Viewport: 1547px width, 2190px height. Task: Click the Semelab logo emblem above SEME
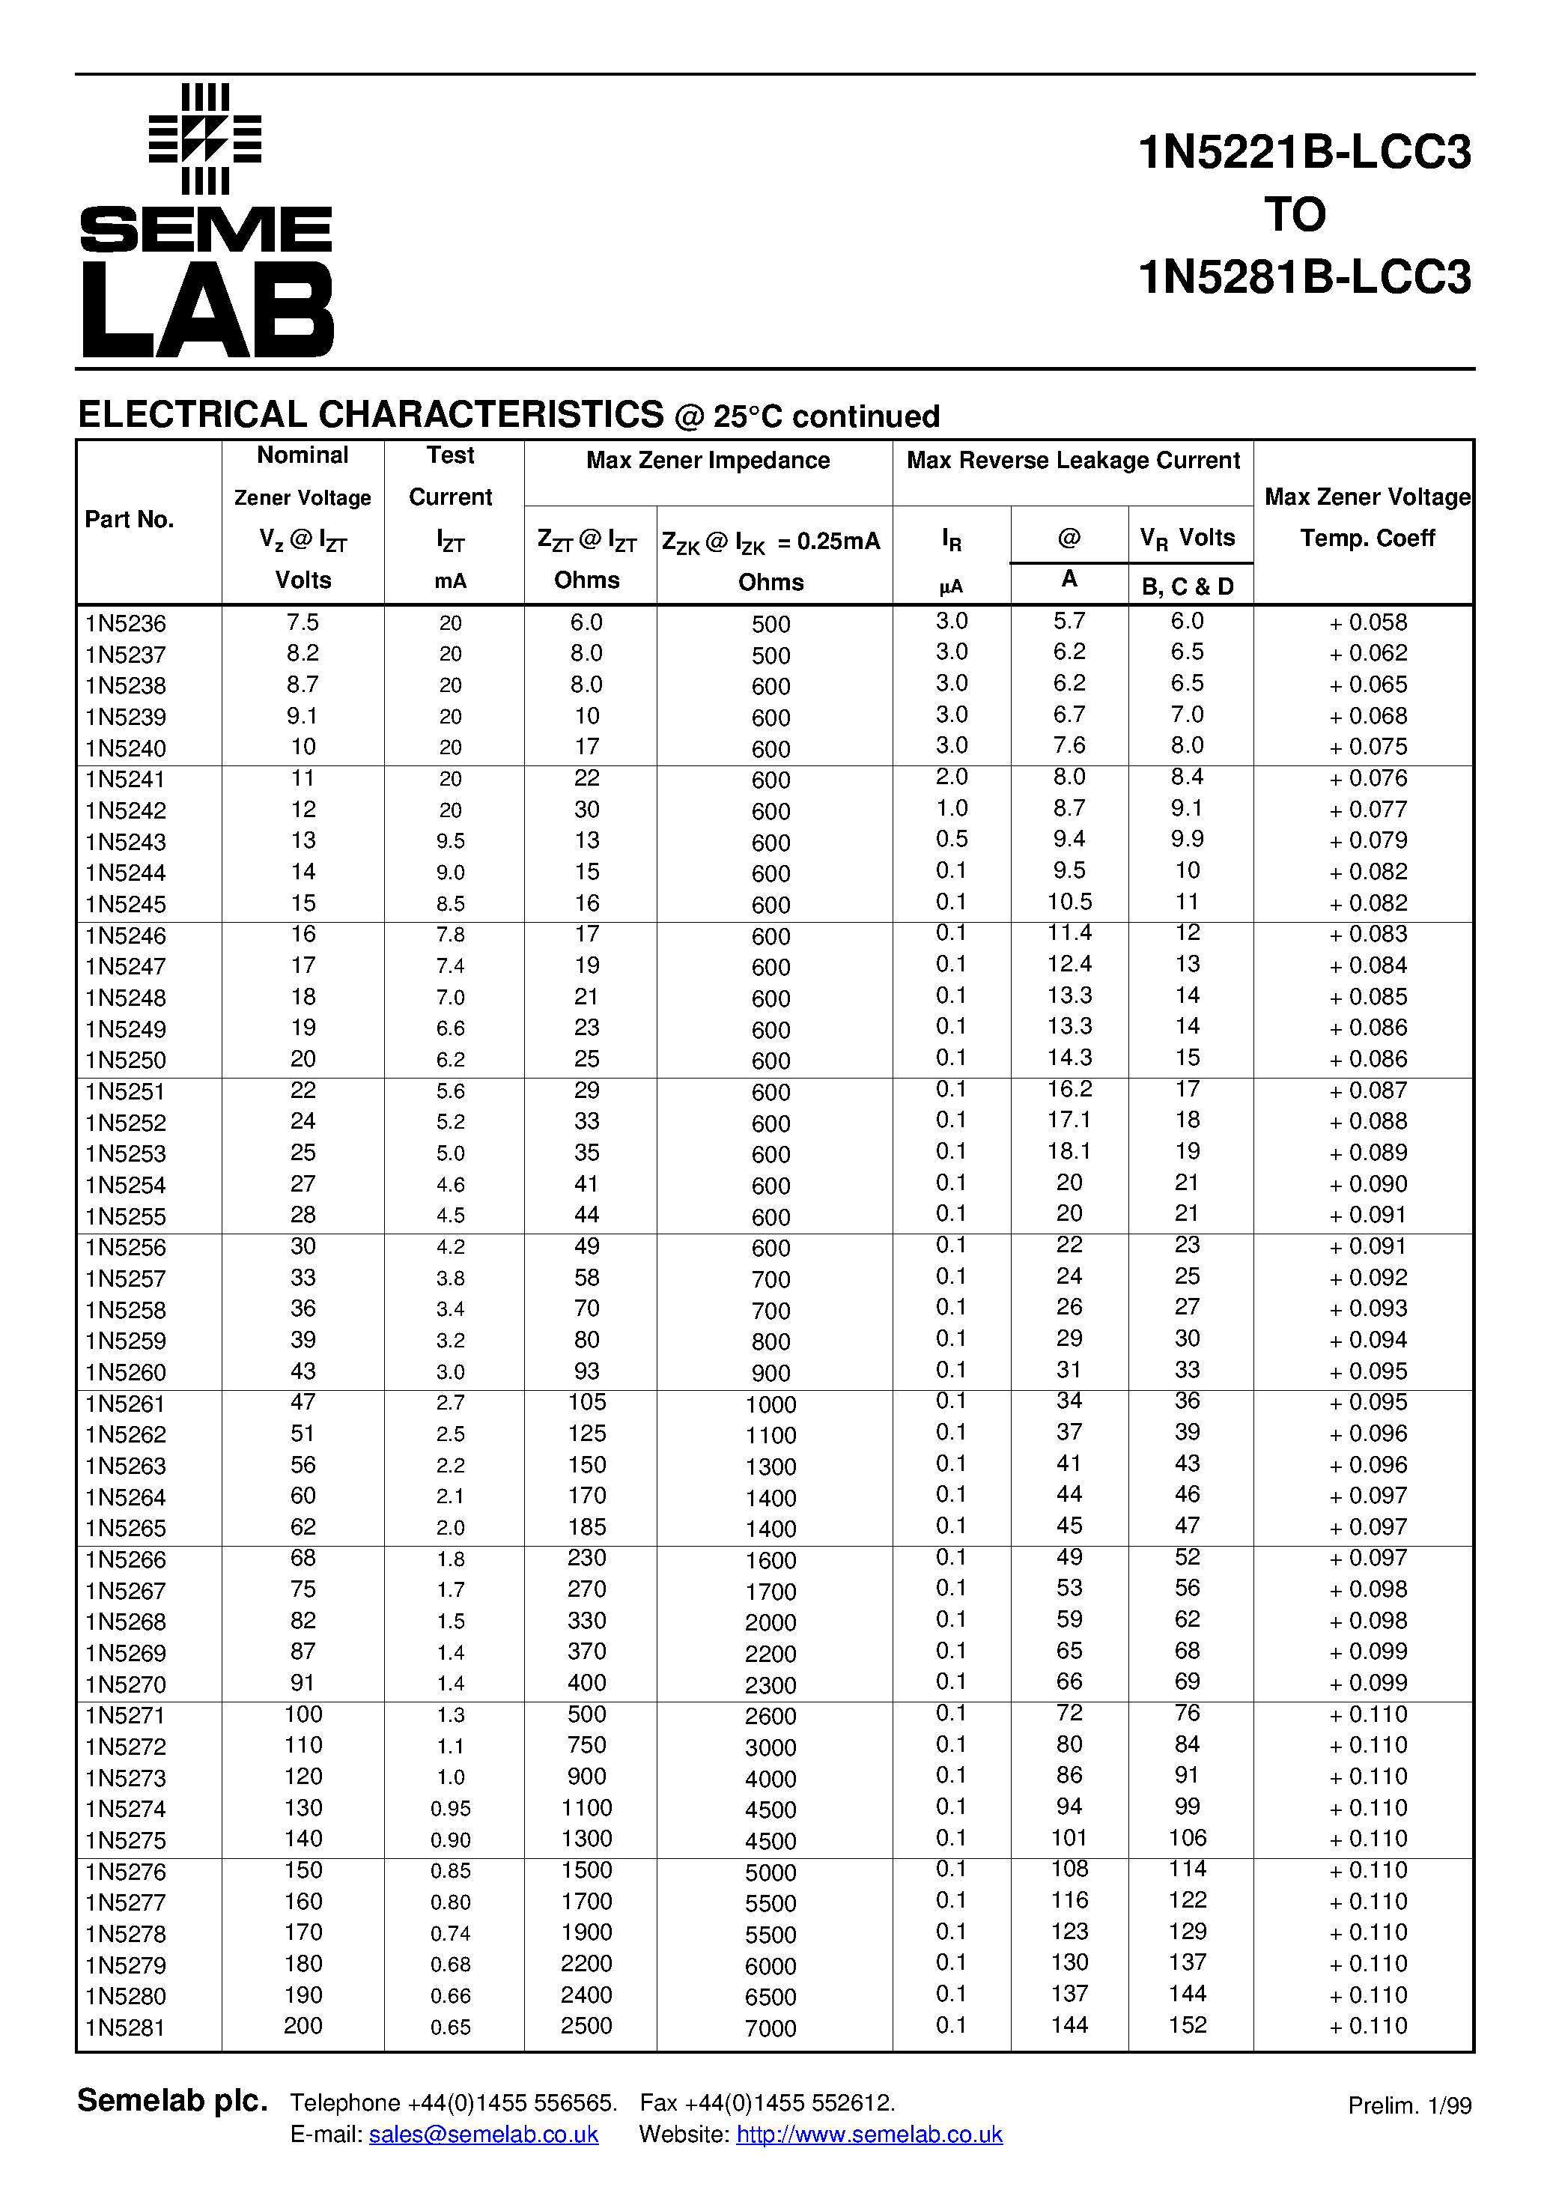[x=205, y=139]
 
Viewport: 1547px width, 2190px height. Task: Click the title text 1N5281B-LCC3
[x=1304, y=278]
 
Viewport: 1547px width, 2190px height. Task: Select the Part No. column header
[x=129, y=520]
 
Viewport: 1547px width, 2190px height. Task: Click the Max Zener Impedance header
[x=708, y=461]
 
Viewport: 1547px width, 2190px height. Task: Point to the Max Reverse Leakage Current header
[x=1072, y=461]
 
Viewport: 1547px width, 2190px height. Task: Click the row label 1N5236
[x=125, y=624]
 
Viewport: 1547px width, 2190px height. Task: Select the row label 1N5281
[x=125, y=2028]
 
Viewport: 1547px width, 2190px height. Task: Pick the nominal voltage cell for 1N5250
[x=303, y=1060]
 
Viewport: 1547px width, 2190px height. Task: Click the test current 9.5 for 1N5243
[x=450, y=841]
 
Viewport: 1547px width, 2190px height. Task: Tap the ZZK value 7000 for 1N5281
[x=771, y=2029]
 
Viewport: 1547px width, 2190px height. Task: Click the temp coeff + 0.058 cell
[x=1368, y=623]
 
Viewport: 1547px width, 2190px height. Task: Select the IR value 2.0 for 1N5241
[x=951, y=777]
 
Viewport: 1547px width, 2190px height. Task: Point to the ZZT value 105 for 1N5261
[x=586, y=1402]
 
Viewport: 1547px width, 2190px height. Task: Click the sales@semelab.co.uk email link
[x=484, y=2135]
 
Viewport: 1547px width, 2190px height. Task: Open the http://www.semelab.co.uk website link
[x=869, y=2135]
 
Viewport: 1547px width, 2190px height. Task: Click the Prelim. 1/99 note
[x=1408, y=2106]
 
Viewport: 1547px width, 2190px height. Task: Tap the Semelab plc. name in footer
[x=171, y=2102]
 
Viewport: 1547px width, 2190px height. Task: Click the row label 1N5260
[x=125, y=1373]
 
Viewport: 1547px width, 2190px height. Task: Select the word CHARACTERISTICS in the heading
[x=490, y=415]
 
